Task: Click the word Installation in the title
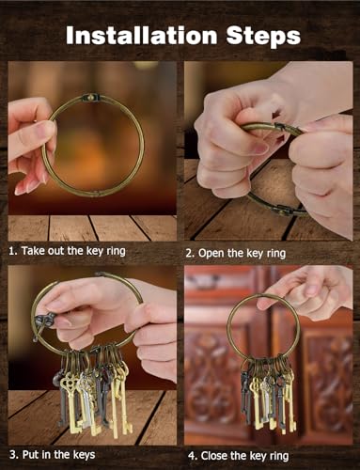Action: point(141,35)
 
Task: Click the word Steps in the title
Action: point(263,37)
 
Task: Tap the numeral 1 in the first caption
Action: point(12,251)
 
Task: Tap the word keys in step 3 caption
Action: point(84,455)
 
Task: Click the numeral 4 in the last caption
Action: point(192,456)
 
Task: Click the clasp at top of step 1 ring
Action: point(90,97)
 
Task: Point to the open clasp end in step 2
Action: point(284,127)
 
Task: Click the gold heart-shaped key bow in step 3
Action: point(68,381)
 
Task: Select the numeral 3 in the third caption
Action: point(13,455)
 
